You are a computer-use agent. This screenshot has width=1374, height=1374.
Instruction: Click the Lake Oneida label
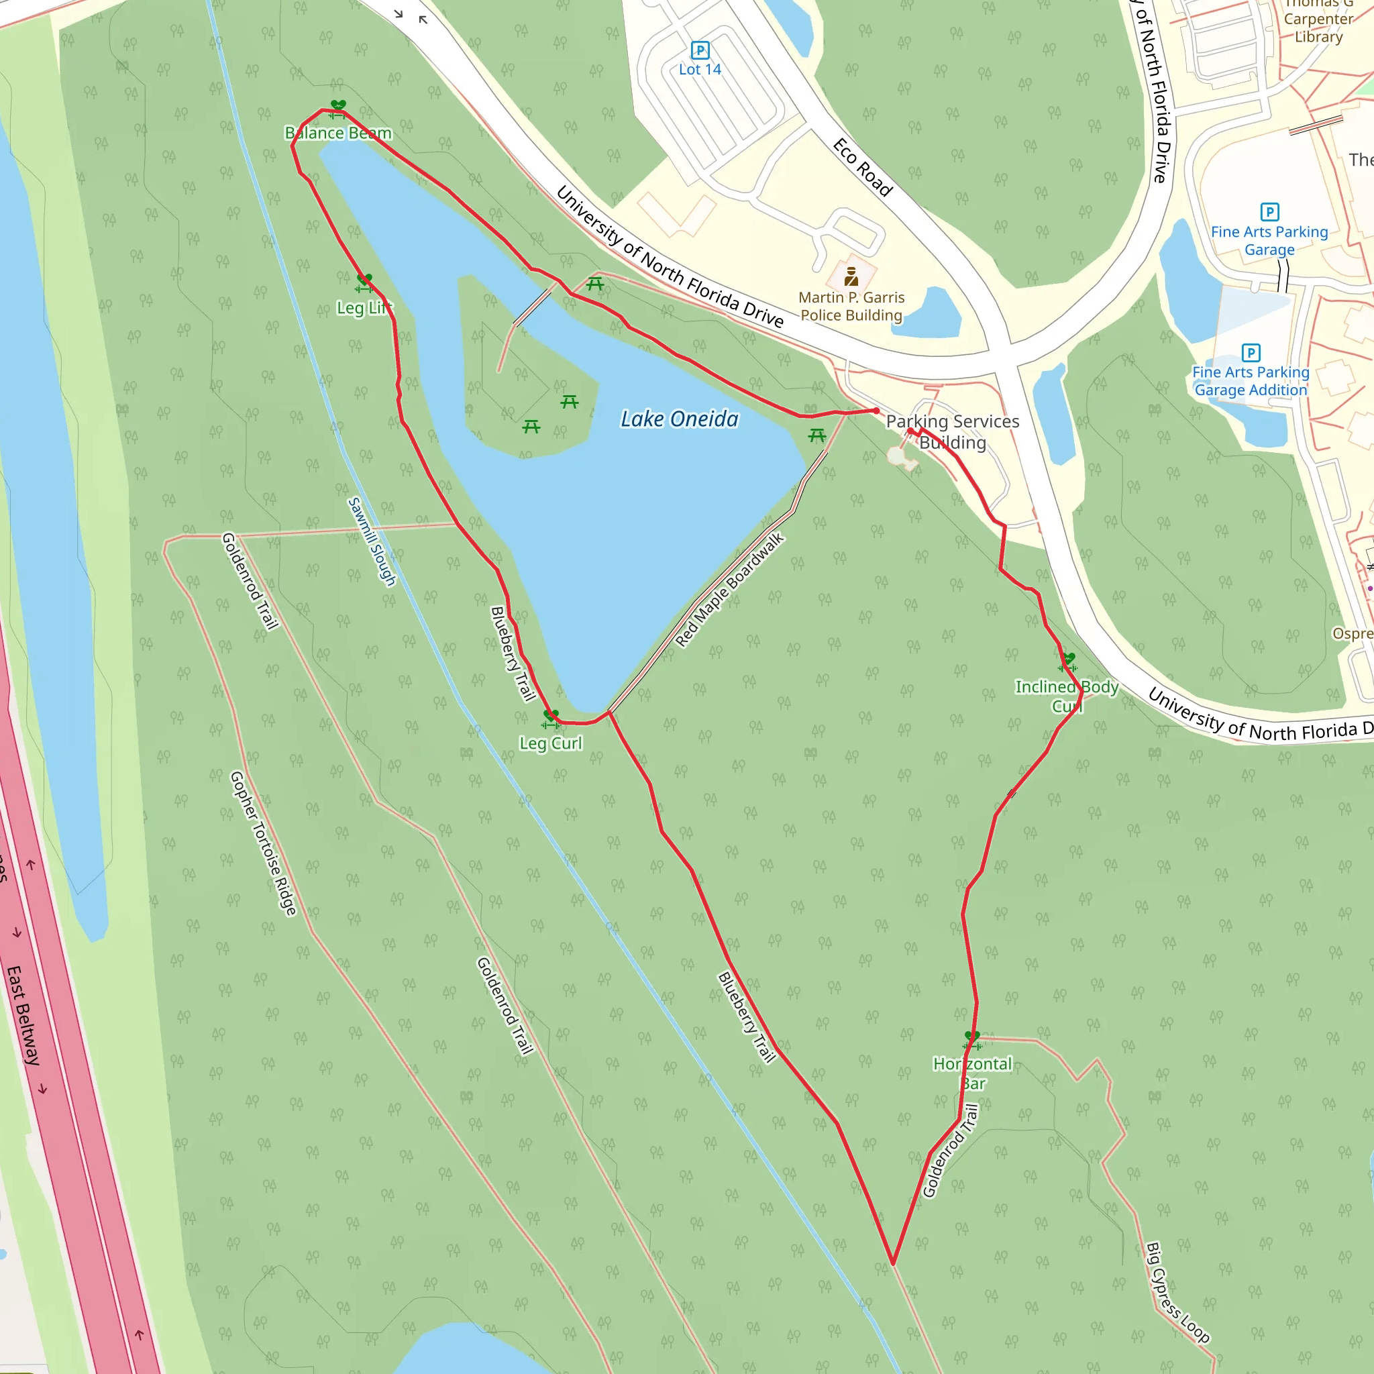[679, 419]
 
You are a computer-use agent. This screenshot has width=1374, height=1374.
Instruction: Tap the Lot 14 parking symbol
[700, 50]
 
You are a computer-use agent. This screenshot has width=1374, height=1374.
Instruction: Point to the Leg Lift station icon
[364, 282]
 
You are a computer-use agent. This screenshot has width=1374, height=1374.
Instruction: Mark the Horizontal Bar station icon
[972, 1040]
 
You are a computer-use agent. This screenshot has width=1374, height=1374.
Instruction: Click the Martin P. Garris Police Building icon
[851, 276]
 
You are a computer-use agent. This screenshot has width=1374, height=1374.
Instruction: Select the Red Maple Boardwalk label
[730, 590]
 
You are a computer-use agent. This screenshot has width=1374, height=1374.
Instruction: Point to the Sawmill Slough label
[371, 541]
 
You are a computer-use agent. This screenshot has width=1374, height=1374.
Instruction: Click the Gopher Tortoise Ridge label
[263, 843]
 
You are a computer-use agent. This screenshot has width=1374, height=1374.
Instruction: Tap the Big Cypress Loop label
[1177, 1293]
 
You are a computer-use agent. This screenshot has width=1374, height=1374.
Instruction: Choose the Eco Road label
[863, 167]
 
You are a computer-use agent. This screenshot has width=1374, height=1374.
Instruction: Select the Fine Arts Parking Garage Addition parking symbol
[1251, 353]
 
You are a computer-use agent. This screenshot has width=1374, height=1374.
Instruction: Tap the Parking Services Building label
[952, 431]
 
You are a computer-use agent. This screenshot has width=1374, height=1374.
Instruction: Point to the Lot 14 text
[700, 70]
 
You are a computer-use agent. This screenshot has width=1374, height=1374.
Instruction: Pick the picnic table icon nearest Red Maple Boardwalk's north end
[817, 435]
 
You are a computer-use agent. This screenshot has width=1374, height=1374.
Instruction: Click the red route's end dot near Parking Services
[876, 411]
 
